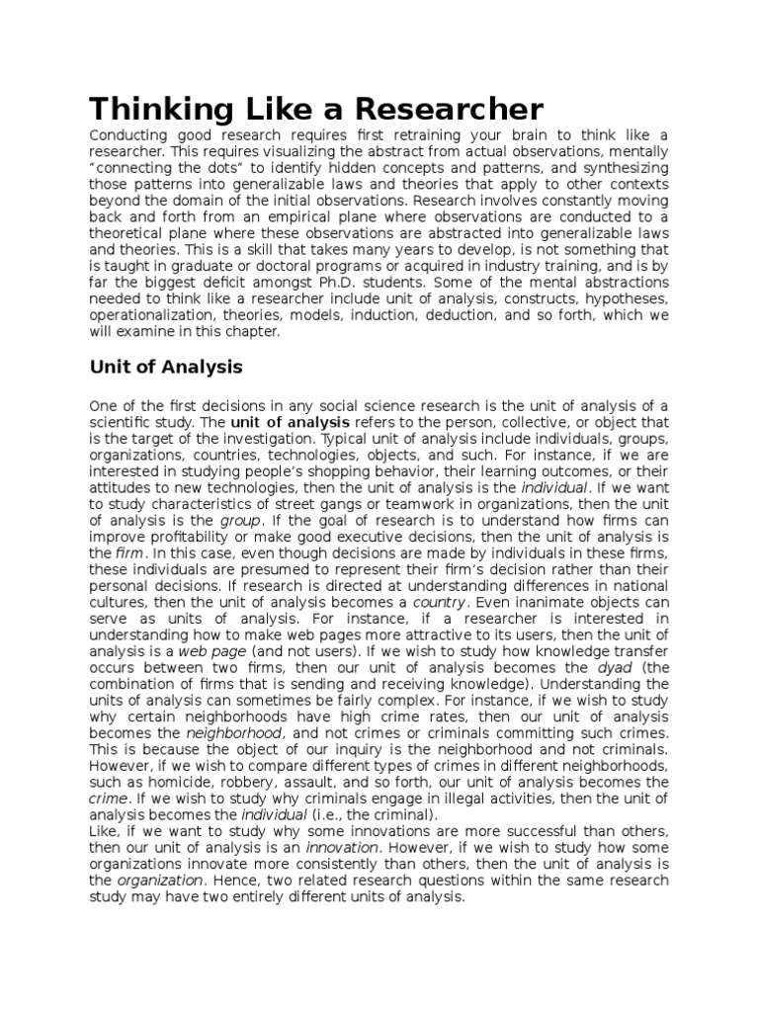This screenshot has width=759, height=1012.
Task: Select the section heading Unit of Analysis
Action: tap(165, 368)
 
